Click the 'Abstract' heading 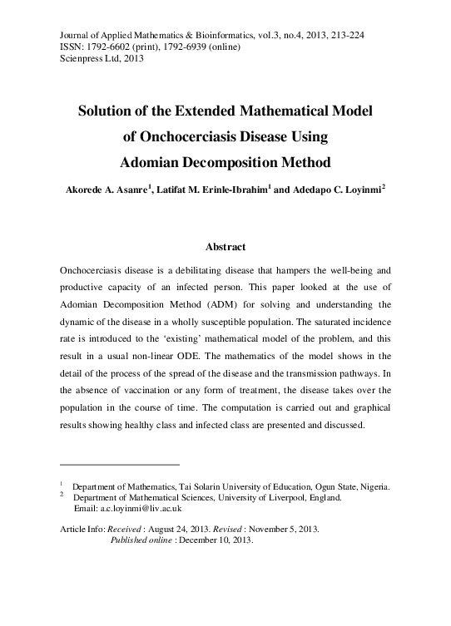225,247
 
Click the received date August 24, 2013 188,529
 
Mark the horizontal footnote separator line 121,463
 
